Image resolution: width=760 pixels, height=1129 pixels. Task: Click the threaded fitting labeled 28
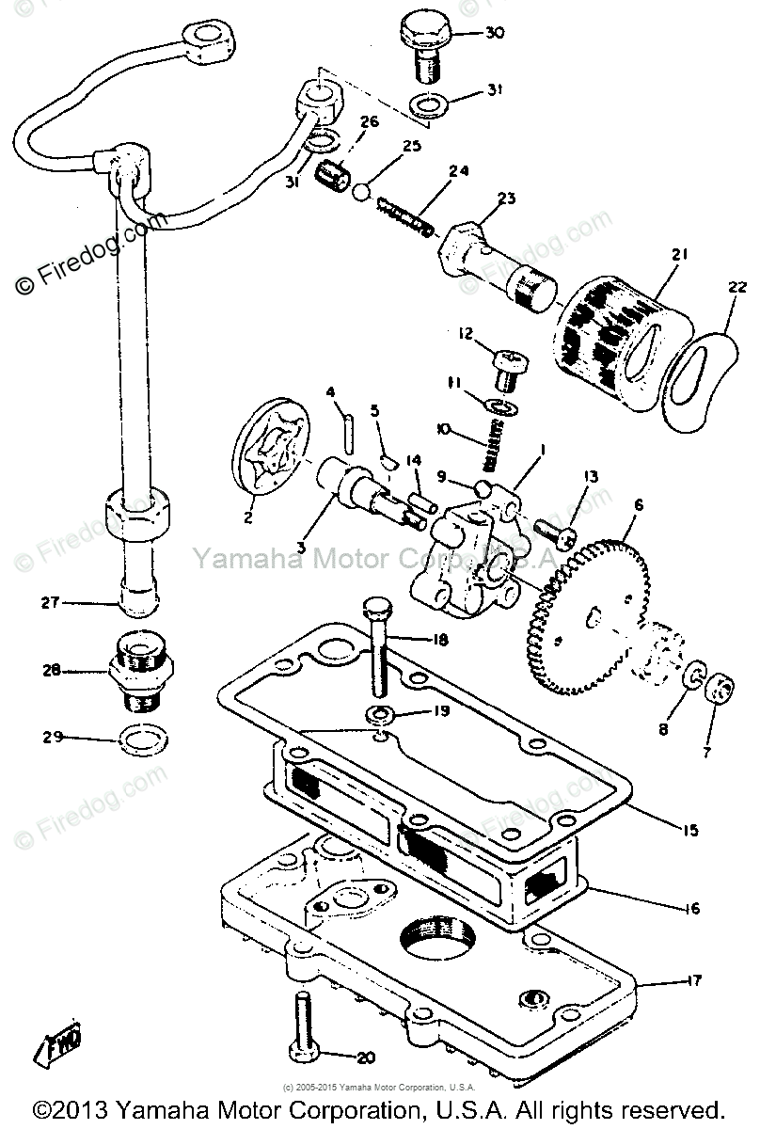tap(141, 671)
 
